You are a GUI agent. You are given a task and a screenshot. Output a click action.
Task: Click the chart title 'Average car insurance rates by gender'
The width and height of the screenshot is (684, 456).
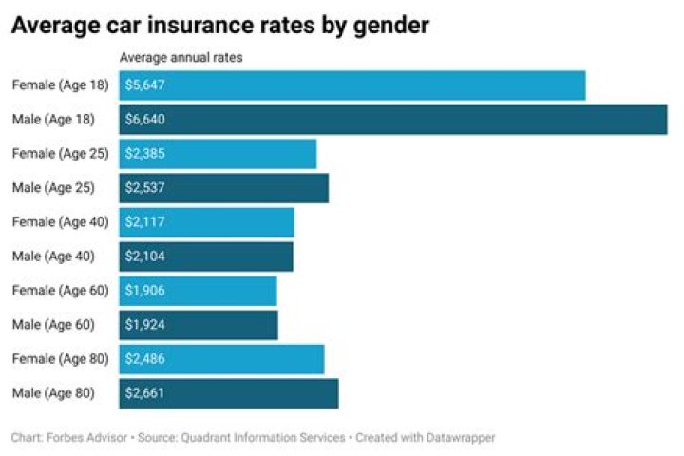click(219, 26)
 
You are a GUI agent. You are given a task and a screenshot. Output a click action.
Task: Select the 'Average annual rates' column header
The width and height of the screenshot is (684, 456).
click(180, 58)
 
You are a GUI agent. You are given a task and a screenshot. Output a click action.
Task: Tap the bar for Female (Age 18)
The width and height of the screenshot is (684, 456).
click(351, 85)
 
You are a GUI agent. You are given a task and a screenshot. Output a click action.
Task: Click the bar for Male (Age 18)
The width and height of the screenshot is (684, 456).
click(393, 120)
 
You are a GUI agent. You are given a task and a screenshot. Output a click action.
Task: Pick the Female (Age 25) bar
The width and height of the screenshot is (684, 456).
click(218, 154)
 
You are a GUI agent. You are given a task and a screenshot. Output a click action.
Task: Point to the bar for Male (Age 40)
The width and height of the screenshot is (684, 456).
click(206, 256)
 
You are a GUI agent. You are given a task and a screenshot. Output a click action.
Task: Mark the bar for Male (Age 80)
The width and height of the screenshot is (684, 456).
click(228, 393)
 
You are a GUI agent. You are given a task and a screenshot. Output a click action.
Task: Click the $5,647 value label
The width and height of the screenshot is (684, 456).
click(145, 85)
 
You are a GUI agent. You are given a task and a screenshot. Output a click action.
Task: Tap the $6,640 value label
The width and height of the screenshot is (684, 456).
click(145, 120)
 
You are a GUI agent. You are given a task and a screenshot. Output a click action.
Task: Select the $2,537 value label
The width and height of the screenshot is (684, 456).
click(145, 188)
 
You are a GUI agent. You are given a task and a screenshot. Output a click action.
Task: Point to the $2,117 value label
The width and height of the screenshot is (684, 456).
click(145, 222)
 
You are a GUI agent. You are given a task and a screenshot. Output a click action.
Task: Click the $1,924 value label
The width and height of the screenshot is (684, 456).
click(145, 325)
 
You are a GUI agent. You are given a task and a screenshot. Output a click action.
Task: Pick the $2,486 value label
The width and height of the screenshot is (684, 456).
click(145, 359)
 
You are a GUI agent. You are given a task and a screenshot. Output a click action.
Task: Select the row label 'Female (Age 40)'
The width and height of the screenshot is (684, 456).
click(61, 222)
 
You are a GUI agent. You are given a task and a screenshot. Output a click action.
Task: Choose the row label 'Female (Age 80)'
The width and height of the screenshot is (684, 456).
click(61, 359)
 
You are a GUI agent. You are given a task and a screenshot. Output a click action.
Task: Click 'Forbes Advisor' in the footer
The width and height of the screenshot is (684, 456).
click(81, 438)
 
